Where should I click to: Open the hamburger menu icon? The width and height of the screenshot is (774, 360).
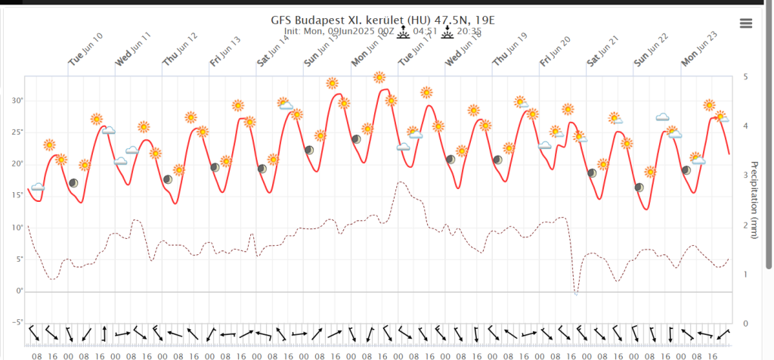(x=746, y=23)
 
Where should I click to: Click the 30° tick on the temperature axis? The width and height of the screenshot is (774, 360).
(x=16, y=101)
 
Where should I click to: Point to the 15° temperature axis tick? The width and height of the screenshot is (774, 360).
(x=16, y=196)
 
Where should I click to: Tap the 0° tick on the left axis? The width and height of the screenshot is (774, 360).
(x=18, y=291)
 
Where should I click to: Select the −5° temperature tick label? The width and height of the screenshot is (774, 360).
(x=16, y=322)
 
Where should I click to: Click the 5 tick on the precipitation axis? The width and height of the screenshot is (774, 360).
(x=745, y=77)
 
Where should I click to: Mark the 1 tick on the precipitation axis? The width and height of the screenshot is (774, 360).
(x=745, y=274)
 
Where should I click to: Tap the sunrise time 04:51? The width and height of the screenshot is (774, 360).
(x=429, y=32)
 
